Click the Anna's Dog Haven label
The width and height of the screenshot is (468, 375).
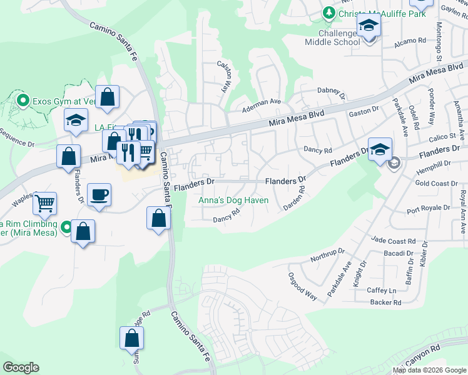[x=233, y=200]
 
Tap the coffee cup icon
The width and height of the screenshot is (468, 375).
[x=99, y=195]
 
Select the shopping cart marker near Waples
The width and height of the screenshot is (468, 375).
[x=45, y=203]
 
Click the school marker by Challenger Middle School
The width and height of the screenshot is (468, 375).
[x=369, y=26]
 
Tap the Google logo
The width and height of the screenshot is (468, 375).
[x=21, y=367]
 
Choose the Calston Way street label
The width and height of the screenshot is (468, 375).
[x=225, y=76]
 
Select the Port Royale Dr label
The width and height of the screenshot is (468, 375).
[x=428, y=207]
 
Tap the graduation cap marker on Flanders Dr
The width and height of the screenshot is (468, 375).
[x=380, y=150]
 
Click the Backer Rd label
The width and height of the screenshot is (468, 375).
[x=385, y=302]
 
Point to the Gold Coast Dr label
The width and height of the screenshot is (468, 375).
[x=436, y=184]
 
